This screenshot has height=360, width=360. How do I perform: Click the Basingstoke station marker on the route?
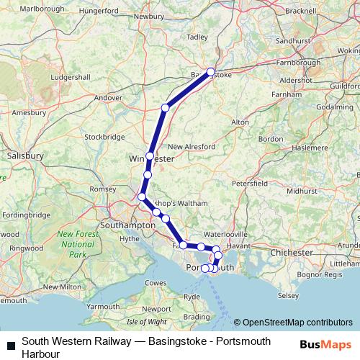211,71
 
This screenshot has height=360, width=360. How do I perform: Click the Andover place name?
109,97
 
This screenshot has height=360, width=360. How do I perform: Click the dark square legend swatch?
11,344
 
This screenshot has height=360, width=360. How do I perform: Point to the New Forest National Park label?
77,244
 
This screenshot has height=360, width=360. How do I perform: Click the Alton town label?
240,122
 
